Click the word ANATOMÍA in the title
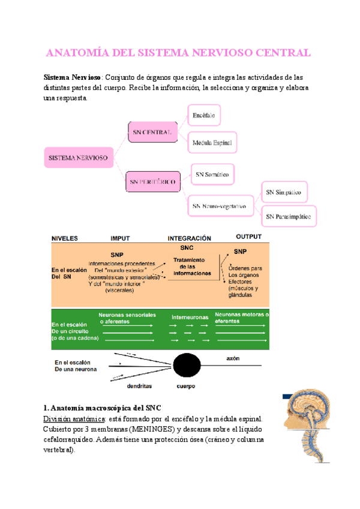pyautogui.click(x=77, y=53)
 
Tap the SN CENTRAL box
pyautogui.click(x=152, y=131)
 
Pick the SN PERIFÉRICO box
pyautogui.click(x=152, y=180)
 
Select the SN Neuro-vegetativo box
pyautogui.click(x=220, y=206)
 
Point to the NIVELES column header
pyautogui.click(x=64, y=238)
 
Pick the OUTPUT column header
pyautogui.click(x=248, y=236)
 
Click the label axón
pyautogui.click(x=233, y=358)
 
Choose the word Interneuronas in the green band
pyautogui.click(x=190, y=316)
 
